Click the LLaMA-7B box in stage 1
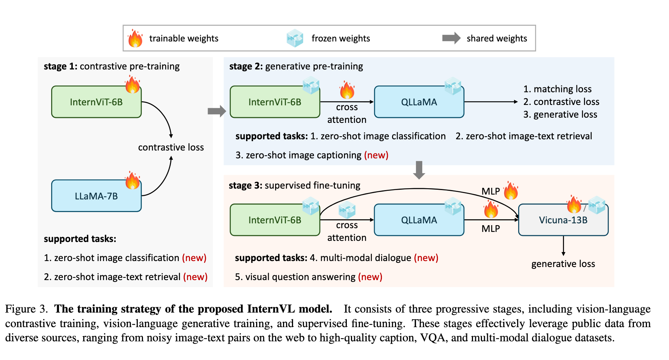96,196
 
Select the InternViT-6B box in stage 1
96,102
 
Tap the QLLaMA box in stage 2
419,102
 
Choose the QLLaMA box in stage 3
419,220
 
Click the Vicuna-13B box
563,220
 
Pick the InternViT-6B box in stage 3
275,220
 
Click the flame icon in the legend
135,38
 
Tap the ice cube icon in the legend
295,38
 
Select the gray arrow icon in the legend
451,38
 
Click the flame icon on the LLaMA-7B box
133,180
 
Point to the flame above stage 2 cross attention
347,90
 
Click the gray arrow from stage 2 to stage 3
419,170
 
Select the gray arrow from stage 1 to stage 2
217,111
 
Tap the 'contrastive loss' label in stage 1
171,147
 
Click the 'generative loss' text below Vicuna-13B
563,264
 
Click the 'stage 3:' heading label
246,185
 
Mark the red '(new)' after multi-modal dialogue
426,258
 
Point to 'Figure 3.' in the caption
27,309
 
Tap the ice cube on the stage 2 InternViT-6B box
311,85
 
